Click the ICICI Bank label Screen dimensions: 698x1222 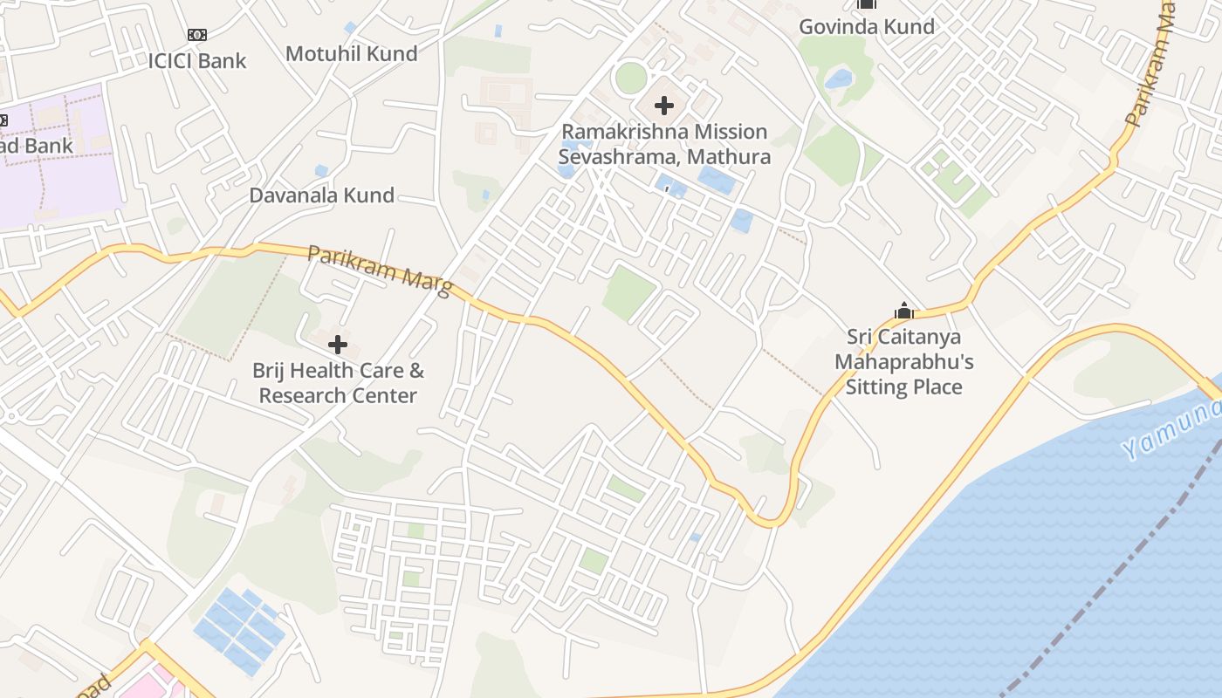[x=197, y=61]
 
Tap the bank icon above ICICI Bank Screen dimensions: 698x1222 [x=197, y=35]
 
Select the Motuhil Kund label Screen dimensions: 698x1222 [x=352, y=53]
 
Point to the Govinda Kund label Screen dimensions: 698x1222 [x=867, y=26]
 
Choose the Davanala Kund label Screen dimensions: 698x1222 [x=322, y=195]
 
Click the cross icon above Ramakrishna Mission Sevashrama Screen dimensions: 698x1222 [x=664, y=106]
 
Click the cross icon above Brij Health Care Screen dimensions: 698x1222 [x=338, y=345]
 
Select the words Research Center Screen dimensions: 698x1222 [x=338, y=395]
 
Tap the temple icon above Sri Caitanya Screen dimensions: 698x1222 [x=903, y=311]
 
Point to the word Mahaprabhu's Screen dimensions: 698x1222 [x=903, y=361]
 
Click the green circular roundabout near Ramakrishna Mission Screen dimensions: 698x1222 [x=631, y=79]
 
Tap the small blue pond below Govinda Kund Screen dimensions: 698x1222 [x=839, y=79]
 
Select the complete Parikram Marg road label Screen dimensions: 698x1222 [x=380, y=270]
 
